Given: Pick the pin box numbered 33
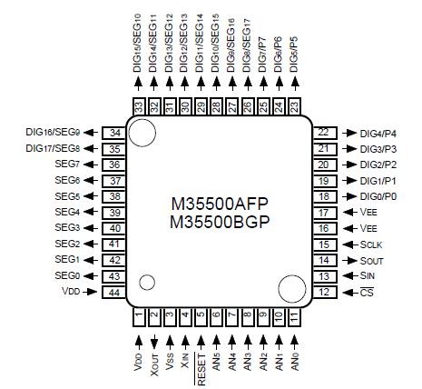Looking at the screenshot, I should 139,105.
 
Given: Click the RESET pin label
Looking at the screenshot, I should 201,354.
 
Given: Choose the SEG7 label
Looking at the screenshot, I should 67,164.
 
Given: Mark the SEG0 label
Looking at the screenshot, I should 67,275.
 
